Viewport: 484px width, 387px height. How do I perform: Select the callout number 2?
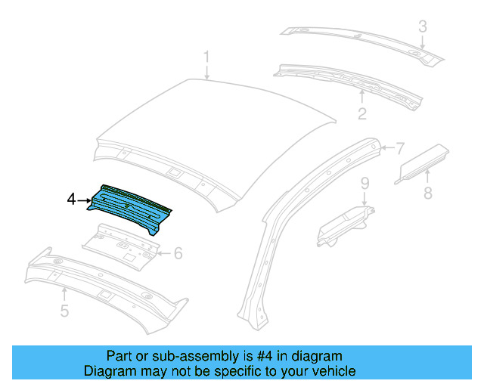[x=362, y=113]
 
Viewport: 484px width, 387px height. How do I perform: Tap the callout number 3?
[x=423, y=27]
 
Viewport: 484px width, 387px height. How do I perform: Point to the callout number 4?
[x=72, y=200]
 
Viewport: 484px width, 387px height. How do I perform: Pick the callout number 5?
[x=64, y=311]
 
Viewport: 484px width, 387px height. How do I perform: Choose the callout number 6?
[x=178, y=253]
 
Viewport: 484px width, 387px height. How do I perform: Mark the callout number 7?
[x=401, y=147]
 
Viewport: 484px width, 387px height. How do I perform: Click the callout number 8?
[x=427, y=193]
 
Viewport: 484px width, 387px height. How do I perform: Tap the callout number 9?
[x=364, y=183]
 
